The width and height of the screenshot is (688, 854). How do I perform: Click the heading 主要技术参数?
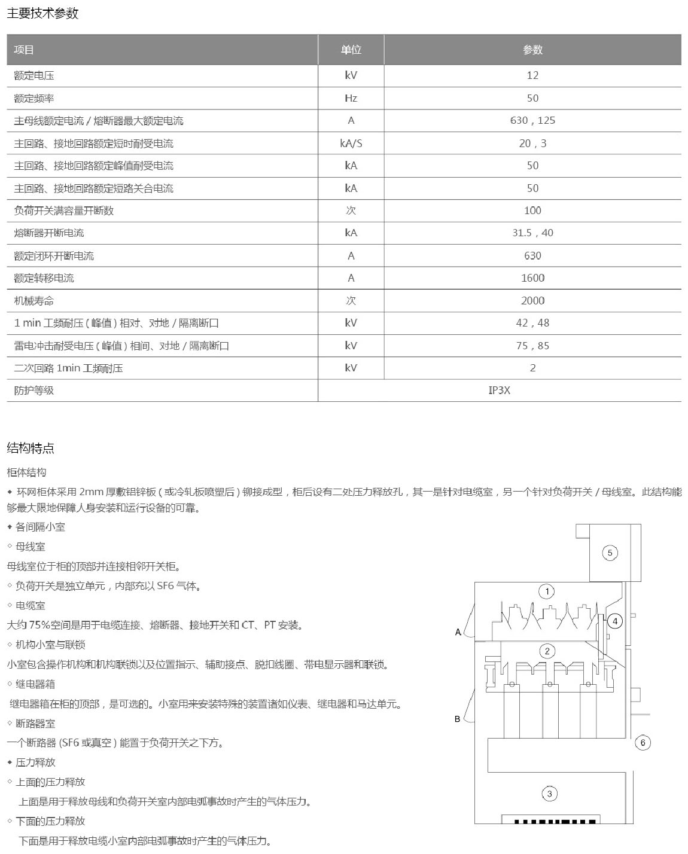click(x=42, y=13)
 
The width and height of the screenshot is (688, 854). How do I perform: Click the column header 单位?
click(x=351, y=50)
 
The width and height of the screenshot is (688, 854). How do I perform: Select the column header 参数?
click(x=532, y=50)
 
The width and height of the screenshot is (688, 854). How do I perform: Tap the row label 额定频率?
click(x=34, y=98)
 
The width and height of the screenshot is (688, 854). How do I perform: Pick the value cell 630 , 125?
click(x=532, y=120)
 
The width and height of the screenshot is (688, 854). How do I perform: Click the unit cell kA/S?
click(x=351, y=143)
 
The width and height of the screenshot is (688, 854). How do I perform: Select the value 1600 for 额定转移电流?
click(x=532, y=277)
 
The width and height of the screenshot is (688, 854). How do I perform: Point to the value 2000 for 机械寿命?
click(x=532, y=300)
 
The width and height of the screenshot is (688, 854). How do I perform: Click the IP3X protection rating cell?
click(x=499, y=390)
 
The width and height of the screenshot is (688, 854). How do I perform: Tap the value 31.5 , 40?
click(x=532, y=233)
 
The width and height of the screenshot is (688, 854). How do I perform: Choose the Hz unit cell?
click(x=351, y=98)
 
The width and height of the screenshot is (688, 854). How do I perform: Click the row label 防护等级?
click(x=34, y=391)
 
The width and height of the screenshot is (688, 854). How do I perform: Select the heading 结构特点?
click(x=31, y=448)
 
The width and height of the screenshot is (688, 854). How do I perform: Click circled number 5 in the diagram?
click(x=610, y=553)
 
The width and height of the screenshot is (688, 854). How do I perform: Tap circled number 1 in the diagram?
click(x=547, y=591)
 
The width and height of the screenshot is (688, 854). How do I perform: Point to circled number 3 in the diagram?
click(x=549, y=794)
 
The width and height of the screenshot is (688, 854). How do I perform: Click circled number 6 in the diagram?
click(x=643, y=743)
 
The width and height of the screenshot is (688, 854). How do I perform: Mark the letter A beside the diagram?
click(x=458, y=632)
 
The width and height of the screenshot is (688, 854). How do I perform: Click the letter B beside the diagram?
click(x=458, y=719)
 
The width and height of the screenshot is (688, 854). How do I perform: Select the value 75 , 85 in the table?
click(x=532, y=345)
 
